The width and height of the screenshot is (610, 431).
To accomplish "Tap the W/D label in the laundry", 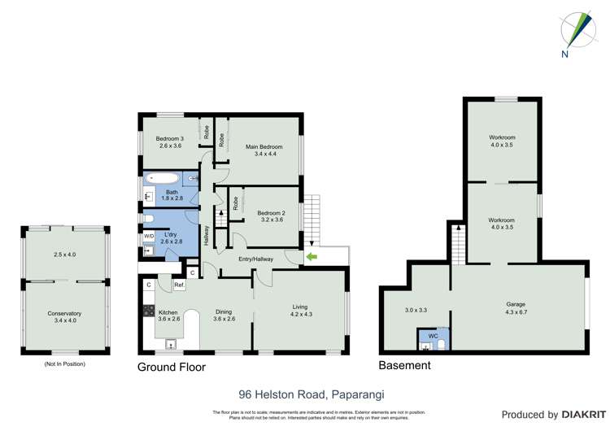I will (x=149, y=236).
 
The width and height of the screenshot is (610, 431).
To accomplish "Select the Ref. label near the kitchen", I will (x=178, y=285).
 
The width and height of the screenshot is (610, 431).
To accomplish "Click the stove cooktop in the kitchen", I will (x=149, y=311).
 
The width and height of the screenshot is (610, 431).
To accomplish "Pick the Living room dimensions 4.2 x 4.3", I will (x=300, y=314).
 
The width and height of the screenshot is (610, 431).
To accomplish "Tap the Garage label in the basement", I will (x=517, y=303).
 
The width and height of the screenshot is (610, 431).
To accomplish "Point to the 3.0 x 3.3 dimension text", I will (x=416, y=310).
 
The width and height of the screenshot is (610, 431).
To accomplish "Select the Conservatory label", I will (x=64, y=313).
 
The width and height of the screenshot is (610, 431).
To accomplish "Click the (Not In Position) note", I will (x=64, y=364).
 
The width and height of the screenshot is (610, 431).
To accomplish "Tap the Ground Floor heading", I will (x=171, y=367).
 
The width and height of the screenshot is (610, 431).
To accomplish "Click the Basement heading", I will (x=404, y=366).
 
